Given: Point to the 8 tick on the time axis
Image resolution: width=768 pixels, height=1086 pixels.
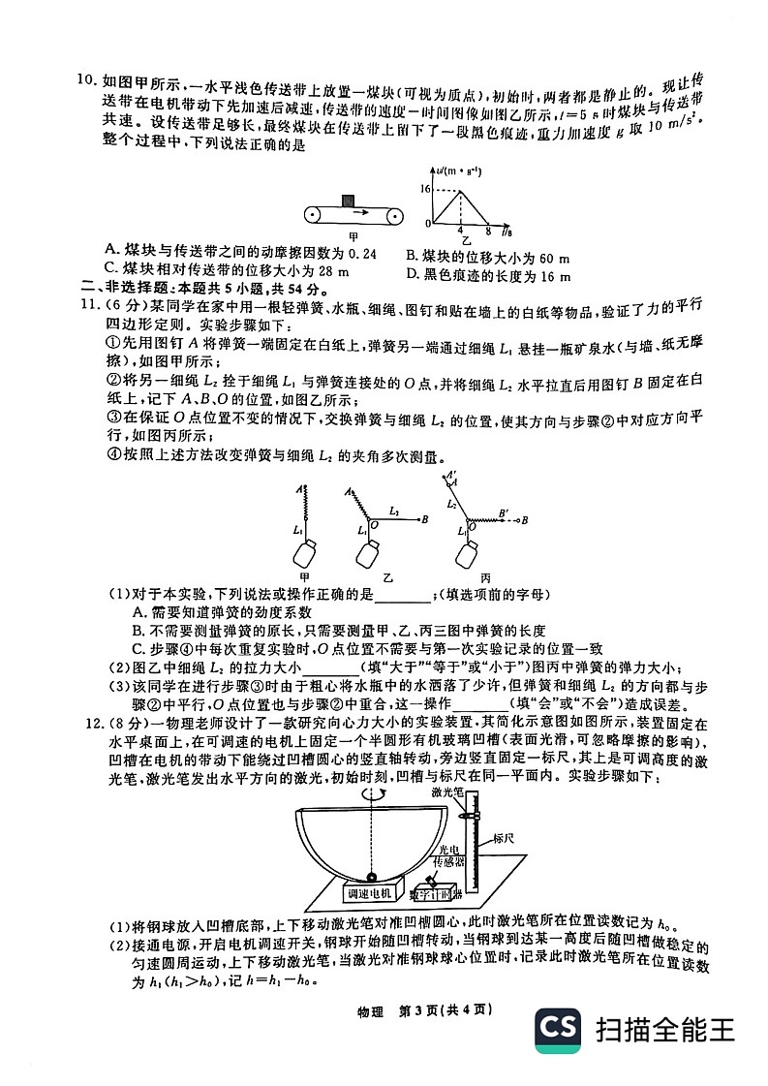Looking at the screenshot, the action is [x=488, y=231].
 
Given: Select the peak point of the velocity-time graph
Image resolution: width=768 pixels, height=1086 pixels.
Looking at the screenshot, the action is [x=460, y=190].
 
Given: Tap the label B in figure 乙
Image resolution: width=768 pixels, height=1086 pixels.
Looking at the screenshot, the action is [x=425, y=520].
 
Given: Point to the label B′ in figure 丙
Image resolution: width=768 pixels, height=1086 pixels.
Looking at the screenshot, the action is [x=503, y=511].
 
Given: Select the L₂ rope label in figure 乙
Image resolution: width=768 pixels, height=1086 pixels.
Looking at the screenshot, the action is [x=393, y=509].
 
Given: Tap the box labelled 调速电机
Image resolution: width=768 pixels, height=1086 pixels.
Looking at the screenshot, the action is [x=369, y=892].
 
